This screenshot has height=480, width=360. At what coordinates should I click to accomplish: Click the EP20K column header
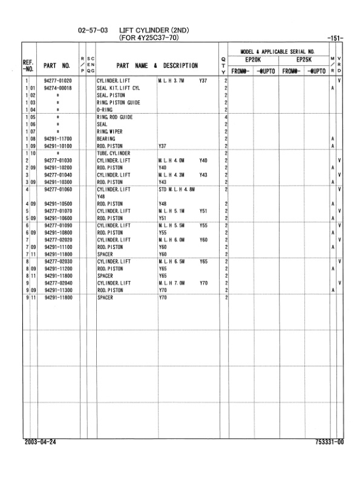click(253, 60)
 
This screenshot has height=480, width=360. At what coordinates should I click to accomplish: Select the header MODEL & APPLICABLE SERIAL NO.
click(278, 51)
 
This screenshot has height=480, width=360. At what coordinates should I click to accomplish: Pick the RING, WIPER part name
click(111, 131)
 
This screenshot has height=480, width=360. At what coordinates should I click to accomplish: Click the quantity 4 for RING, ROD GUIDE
click(225, 117)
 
